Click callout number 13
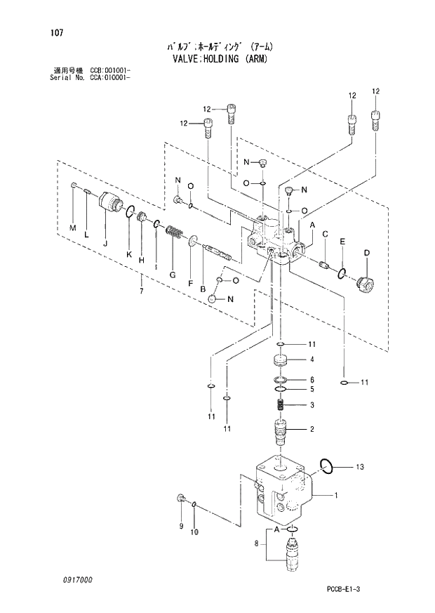(360, 467)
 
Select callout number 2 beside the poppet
(312, 429)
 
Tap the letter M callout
(72, 228)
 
